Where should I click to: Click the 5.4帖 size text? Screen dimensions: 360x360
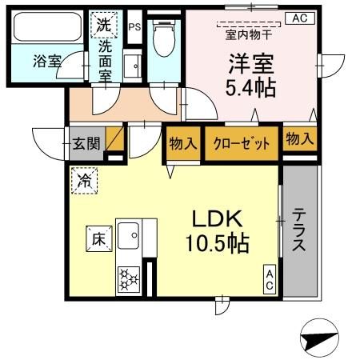point(250,86)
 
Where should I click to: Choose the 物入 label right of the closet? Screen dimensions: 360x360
point(299,138)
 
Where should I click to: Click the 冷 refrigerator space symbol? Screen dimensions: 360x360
point(84,181)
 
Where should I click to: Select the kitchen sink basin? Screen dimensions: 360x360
point(128,234)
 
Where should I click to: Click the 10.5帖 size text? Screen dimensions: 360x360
point(216,242)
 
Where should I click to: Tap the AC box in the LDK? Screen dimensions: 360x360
point(270,279)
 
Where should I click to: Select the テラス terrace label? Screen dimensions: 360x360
point(299,230)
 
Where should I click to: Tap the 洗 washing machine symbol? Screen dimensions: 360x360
point(104,25)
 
